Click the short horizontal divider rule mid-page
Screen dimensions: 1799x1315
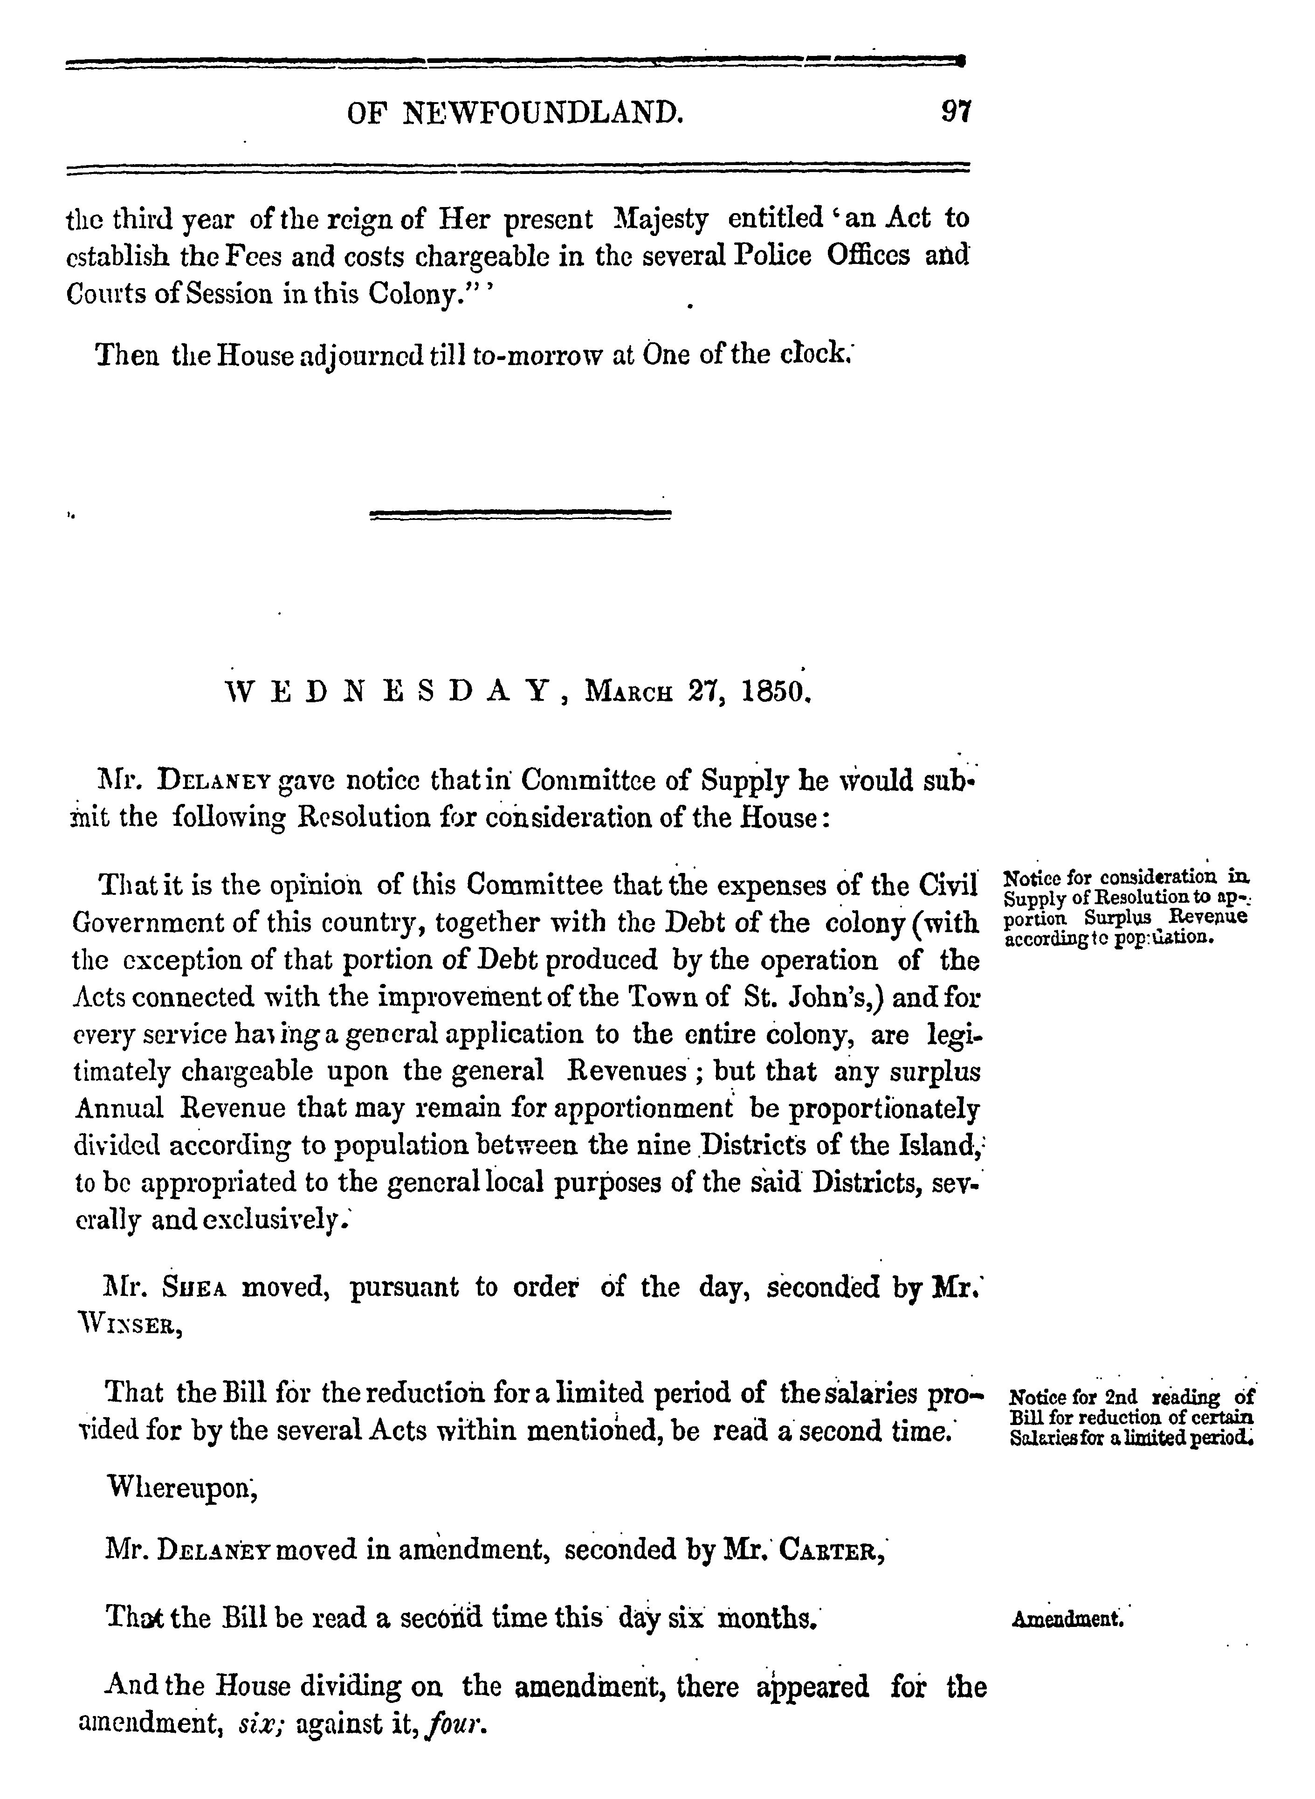pyautogui.click(x=521, y=516)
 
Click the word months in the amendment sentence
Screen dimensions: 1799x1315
pyautogui.click(x=766, y=1620)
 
